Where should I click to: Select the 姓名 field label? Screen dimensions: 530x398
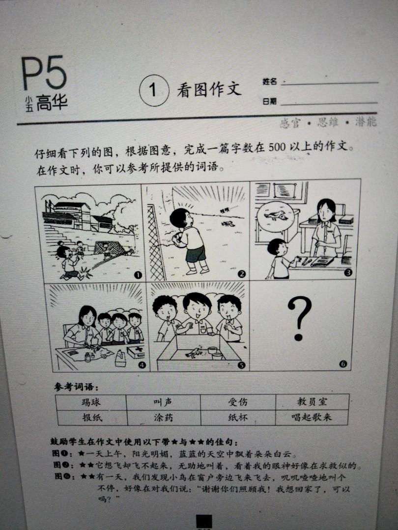[x=270, y=81]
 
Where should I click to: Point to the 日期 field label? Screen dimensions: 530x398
[x=269, y=102]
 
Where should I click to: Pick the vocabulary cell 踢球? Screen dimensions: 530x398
[x=91, y=402]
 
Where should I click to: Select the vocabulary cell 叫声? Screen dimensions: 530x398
[x=163, y=402]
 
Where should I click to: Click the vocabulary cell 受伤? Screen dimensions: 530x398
[x=238, y=402]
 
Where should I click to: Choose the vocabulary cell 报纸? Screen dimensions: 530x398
[x=91, y=418]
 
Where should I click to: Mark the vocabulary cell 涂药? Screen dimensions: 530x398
[x=163, y=418]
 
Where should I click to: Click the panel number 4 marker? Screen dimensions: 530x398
[x=142, y=365]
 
